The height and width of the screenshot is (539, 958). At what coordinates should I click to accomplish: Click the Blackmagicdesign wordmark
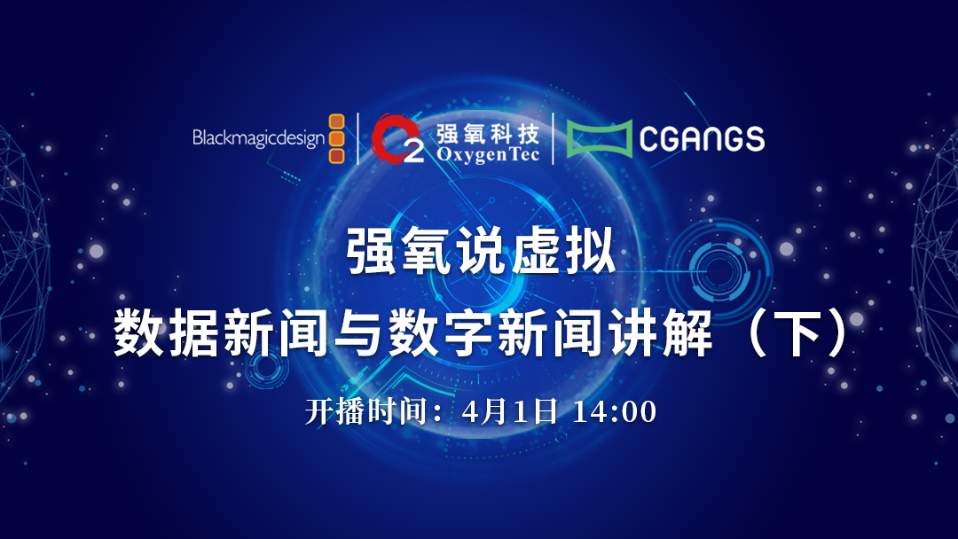[x=258, y=138]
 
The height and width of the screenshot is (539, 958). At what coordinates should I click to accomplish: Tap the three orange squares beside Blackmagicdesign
[x=337, y=138]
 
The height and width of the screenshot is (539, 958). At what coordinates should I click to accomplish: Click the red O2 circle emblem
[x=397, y=139]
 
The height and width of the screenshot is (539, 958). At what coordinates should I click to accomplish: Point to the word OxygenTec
[x=488, y=154]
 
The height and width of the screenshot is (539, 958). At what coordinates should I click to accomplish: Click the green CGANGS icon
[x=599, y=138]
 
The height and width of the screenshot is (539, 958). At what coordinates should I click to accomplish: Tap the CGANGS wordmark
[x=702, y=138]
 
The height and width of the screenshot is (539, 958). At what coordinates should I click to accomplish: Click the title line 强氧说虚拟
[x=480, y=251]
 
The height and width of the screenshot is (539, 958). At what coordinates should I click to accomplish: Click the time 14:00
[x=614, y=411]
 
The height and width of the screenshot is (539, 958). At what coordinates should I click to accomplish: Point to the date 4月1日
[x=509, y=411]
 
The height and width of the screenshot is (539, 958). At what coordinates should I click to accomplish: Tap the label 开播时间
[x=365, y=411]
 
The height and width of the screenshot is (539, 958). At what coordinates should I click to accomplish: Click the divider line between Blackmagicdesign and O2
[x=358, y=138]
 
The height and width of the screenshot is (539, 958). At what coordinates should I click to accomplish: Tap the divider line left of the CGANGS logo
[x=553, y=138]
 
